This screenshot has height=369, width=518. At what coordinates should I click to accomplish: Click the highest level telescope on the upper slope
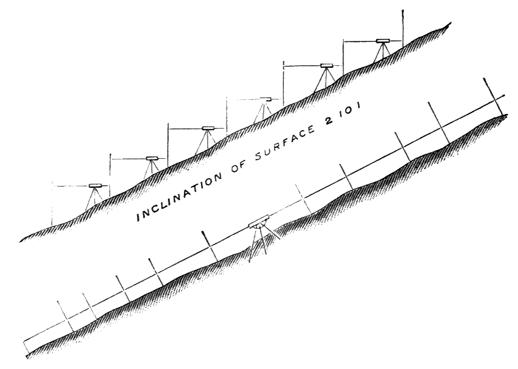pos(383,40)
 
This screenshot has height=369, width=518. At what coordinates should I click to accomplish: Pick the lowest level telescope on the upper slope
pos(96,185)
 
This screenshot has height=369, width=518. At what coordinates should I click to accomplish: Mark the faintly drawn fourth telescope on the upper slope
pos(266,98)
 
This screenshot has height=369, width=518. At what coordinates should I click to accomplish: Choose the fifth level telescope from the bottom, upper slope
pos(326,65)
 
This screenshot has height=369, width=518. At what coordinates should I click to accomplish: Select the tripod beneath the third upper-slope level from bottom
pos(207,140)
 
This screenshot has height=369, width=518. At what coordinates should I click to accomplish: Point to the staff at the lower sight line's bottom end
pos(25,347)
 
